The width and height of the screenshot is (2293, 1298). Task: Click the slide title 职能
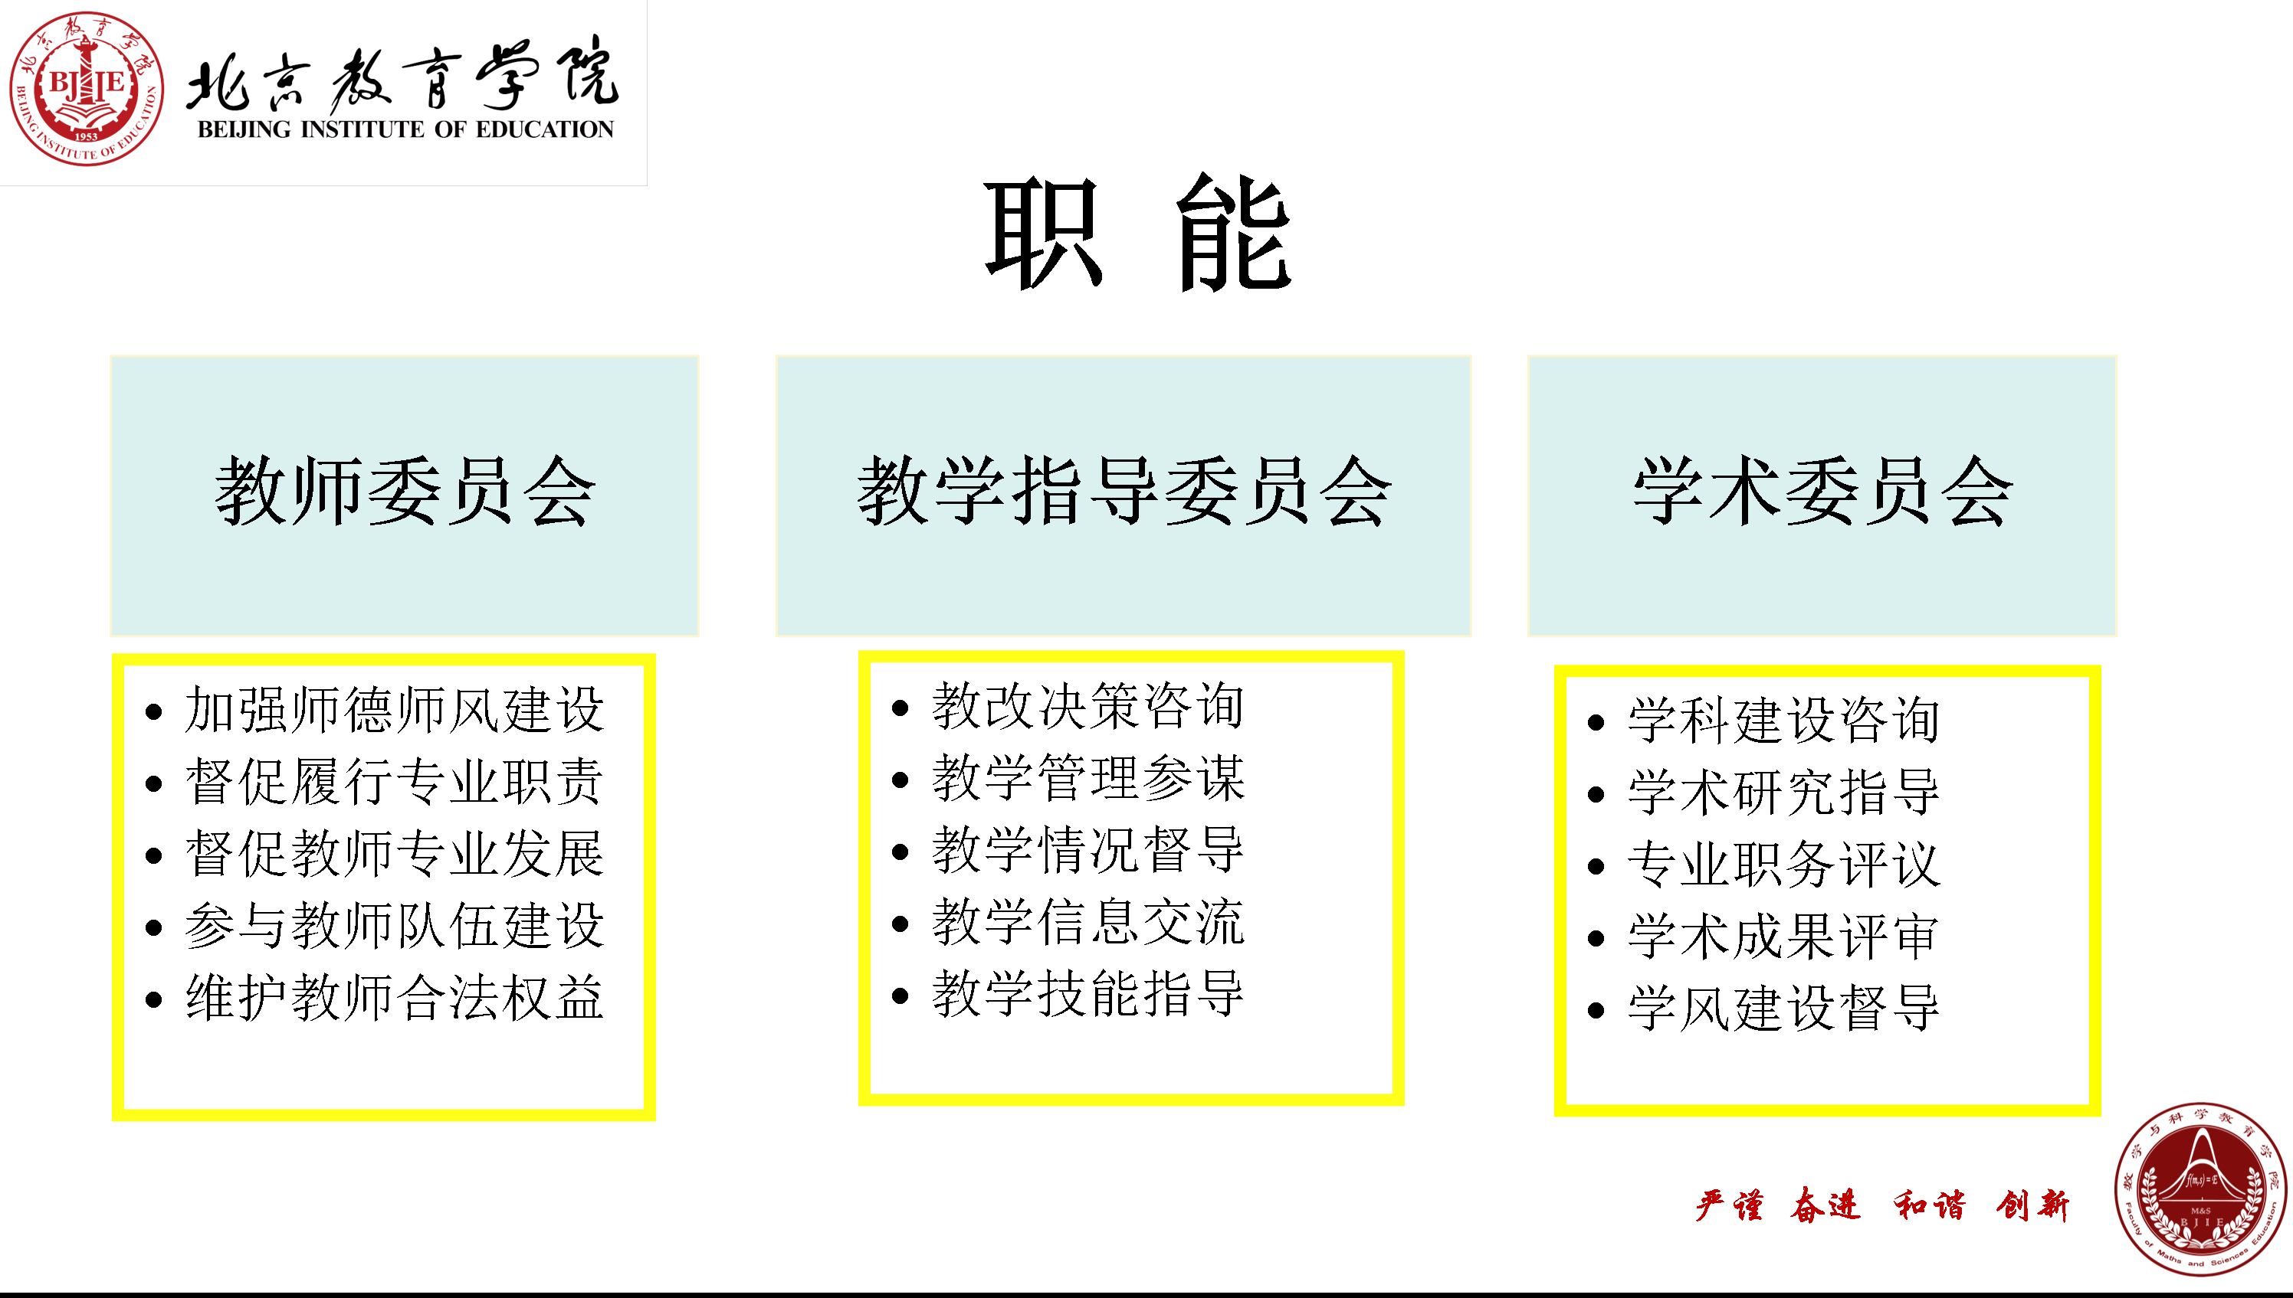1138,234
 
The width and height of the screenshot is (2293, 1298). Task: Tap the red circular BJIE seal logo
87,88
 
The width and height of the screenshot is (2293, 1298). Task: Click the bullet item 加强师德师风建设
394,710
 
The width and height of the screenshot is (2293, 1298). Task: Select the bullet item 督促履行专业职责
394,782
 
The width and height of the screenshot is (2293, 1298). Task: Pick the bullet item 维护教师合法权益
394,997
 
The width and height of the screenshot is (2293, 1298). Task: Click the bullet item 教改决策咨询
1088,706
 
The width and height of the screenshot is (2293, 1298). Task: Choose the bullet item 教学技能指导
1088,993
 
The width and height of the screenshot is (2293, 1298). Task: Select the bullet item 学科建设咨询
1783,721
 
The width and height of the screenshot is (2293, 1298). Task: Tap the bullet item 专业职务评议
1783,864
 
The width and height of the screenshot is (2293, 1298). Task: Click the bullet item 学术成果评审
1783,936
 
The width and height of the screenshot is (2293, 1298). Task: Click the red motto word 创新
2032,1205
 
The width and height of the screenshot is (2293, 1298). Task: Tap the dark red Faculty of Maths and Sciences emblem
2200,1189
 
